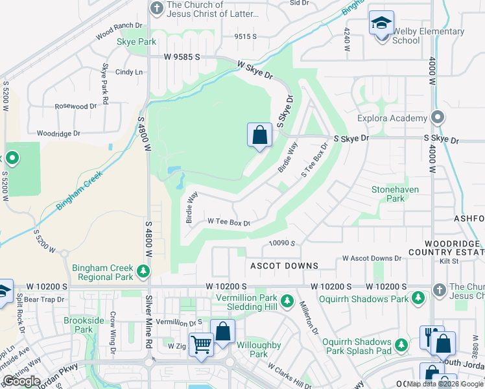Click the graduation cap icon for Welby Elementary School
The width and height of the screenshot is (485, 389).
pyautogui.click(x=381, y=24)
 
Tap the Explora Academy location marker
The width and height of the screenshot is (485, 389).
pyautogui.click(x=438, y=118)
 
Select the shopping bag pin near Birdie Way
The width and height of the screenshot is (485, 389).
pyautogui.click(x=259, y=136)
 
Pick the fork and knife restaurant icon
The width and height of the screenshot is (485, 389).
pyautogui.click(x=429, y=336)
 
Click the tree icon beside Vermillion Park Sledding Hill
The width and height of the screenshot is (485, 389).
pyautogui.click(x=286, y=301)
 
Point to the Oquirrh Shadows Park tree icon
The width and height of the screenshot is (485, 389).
pyautogui.click(x=418, y=298)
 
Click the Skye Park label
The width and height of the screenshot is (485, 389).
pyautogui.click(x=136, y=41)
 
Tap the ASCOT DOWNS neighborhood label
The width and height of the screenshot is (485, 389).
pyautogui.click(x=285, y=266)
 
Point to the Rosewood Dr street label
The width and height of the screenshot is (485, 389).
pyautogui.click(x=75, y=106)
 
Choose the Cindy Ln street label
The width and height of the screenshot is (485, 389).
pyautogui.click(x=128, y=72)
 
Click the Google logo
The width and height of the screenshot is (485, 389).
pyautogui.click(x=22, y=381)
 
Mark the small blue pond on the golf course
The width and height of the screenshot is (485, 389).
pyautogui.click(x=172, y=171)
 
